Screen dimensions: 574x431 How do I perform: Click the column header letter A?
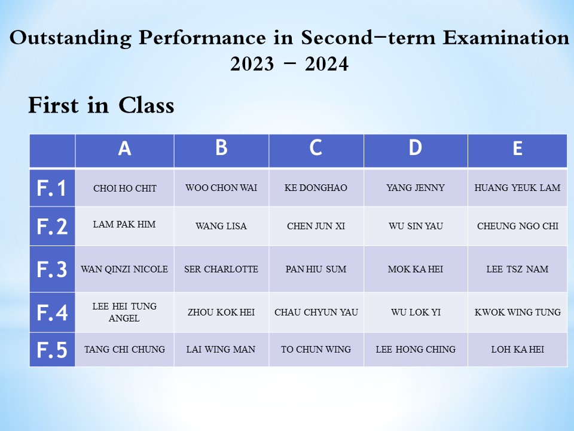(x=124, y=149)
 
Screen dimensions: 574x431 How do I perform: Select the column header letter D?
(x=415, y=148)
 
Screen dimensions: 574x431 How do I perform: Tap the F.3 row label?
(x=52, y=269)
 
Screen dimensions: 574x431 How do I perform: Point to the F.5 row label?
(x=52, y=350)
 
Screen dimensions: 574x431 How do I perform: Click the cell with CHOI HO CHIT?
(x=125, y=189)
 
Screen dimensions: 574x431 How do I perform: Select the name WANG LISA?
(x=221, y=226)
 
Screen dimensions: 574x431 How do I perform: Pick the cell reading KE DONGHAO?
(x=316, y=187)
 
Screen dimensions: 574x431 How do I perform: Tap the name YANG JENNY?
(x=416, y=187)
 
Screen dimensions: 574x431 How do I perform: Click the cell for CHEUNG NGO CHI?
(x=518, y=226)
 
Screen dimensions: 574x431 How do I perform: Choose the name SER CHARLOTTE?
(x=221, y=269)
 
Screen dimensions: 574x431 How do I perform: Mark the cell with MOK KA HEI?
(x=416, y=269)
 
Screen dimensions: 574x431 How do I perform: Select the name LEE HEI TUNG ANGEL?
(x=124, y=312)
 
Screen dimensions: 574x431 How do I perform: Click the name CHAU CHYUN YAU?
(x=316, y=312)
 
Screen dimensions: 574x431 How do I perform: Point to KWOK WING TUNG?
(x=518, y=312)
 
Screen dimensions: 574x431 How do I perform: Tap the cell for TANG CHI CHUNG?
(x=124, y=349)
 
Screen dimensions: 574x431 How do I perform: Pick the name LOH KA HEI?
(x=518, y=349)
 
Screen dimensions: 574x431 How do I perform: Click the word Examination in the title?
(x=506, y=37)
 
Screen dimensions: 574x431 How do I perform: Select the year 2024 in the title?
(x=326, y=64)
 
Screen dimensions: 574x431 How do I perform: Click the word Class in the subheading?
(x=146, y=105)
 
